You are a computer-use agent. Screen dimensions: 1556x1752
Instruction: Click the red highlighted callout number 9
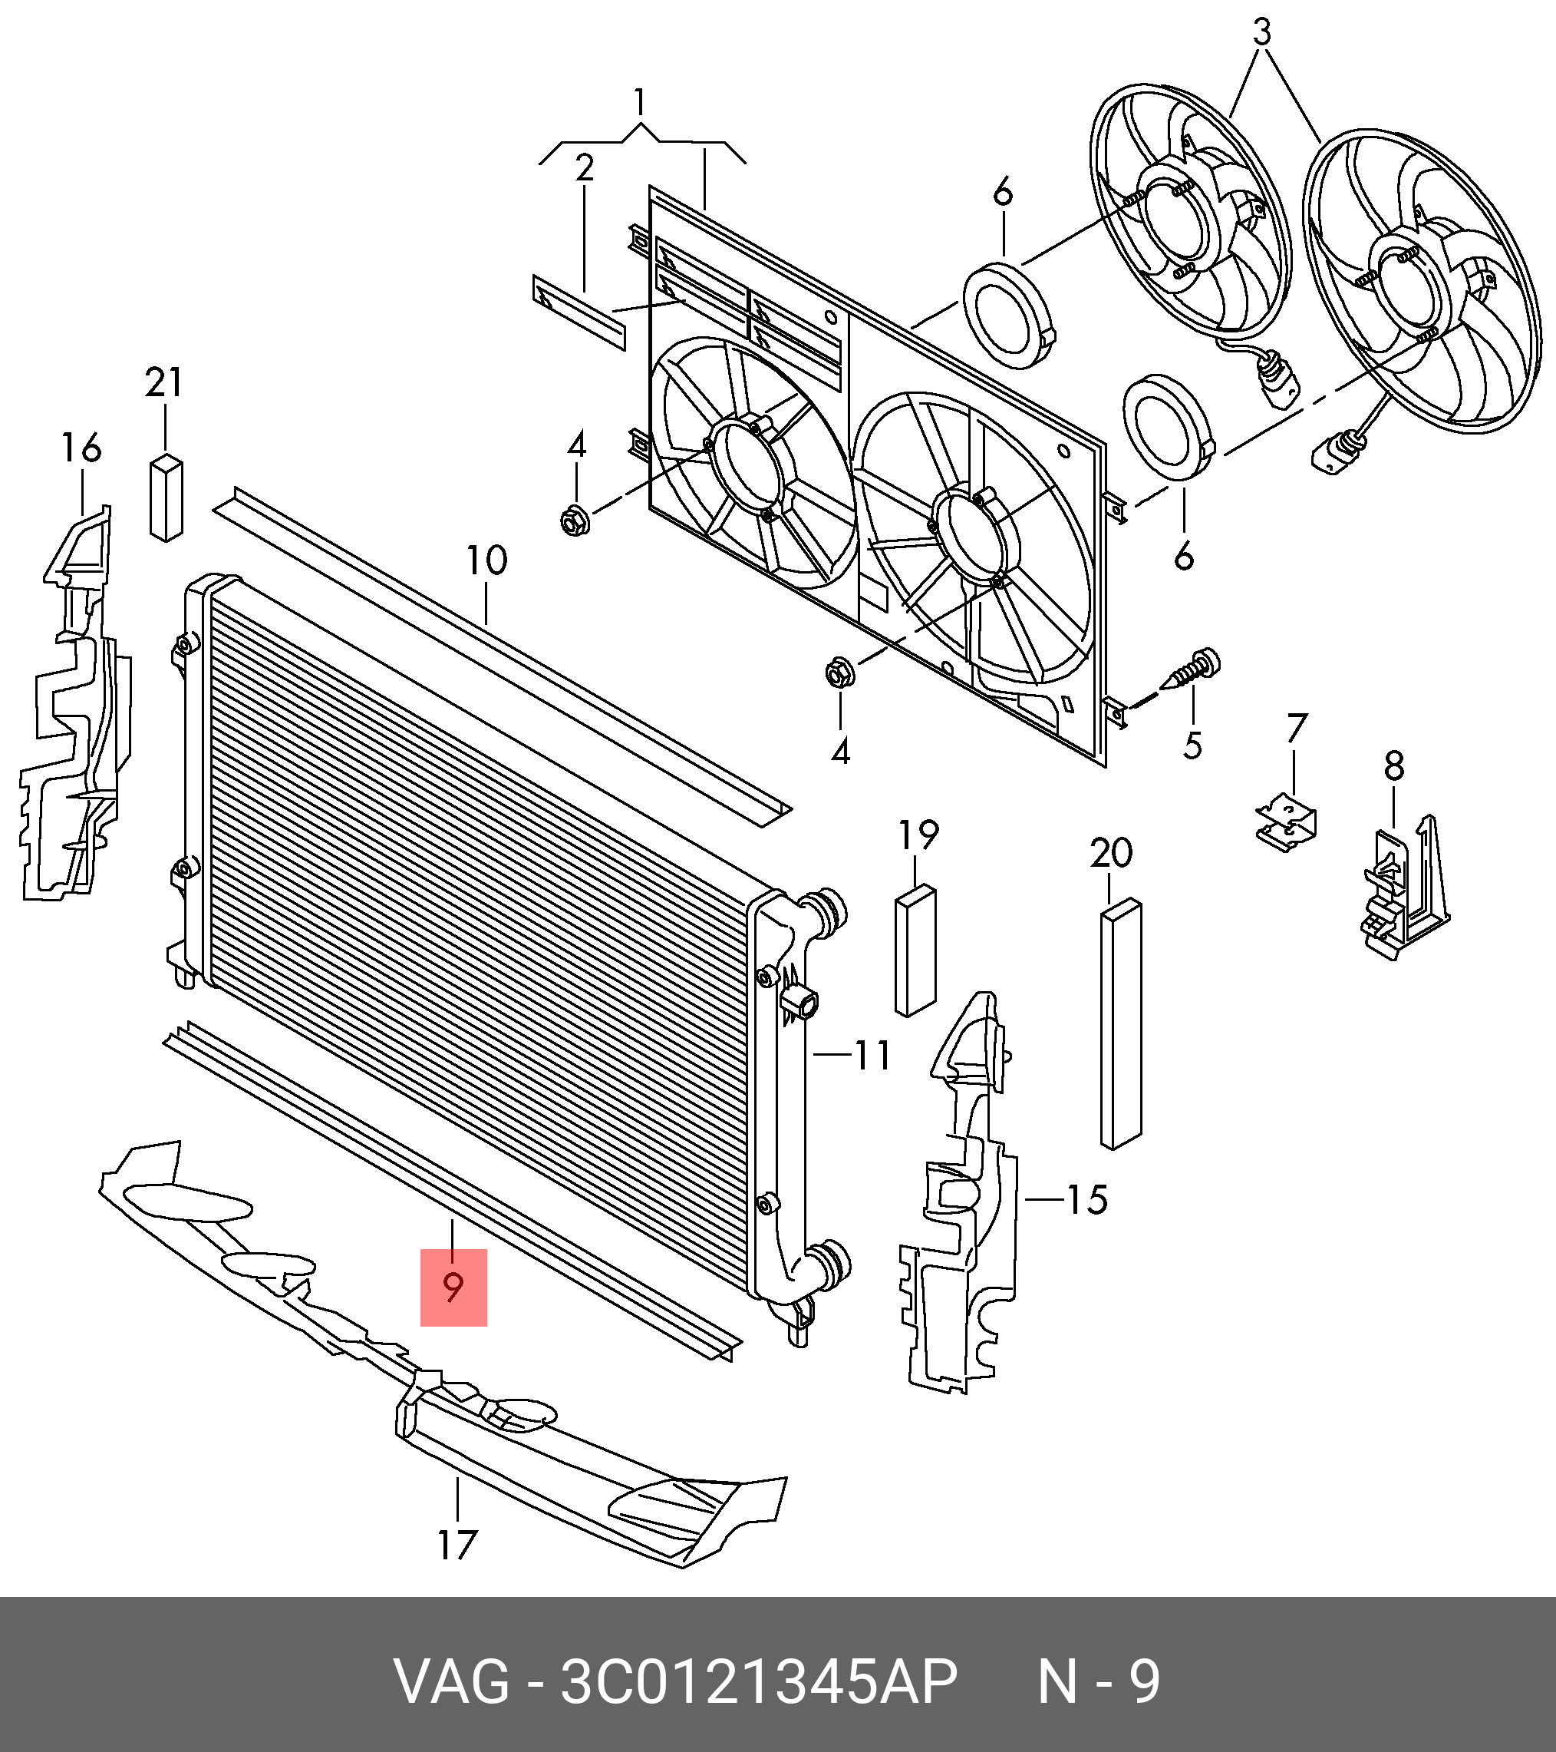point(453,1288)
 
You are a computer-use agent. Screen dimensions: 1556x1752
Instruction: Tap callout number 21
point(163,382)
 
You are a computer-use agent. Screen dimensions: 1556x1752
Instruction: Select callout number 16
point(81,448)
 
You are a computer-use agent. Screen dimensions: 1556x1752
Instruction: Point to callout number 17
point(457,1545)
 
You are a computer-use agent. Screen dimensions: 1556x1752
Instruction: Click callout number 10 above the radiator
point(486,560)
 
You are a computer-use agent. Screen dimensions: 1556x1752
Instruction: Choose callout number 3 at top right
point(1261,32)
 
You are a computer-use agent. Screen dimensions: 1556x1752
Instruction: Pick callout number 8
point(1394,766)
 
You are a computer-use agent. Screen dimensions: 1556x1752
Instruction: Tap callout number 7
point(1297,729)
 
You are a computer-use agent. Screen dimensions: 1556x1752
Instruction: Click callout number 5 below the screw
point(1193,745)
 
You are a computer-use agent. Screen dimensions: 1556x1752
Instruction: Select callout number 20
point(1111,853)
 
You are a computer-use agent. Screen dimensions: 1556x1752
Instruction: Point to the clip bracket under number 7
point(1287,824)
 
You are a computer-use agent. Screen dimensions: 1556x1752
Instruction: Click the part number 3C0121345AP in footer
point(758,1683)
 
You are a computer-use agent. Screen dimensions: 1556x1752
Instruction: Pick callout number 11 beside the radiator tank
point(872,1056)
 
